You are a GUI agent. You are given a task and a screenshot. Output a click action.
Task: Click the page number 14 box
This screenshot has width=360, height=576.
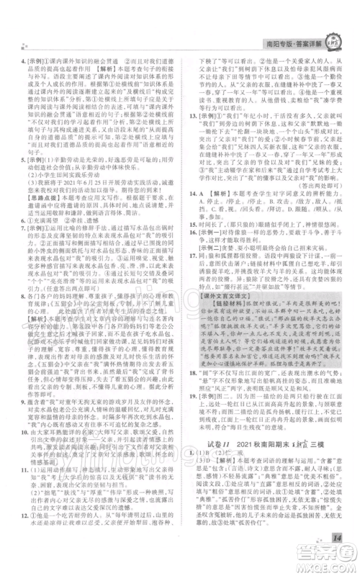(x=335, y=537)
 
